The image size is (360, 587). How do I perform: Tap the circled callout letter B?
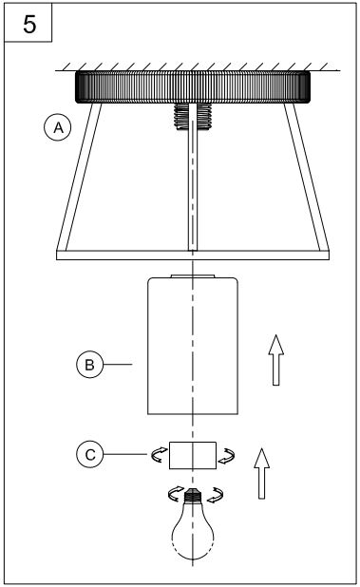click(x=87, y=363)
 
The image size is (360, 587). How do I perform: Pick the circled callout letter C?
click(x=87, y=455)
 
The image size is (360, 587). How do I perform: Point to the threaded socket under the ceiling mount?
click(x=193, y=117)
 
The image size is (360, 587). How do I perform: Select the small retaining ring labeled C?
click(x=193, y=456)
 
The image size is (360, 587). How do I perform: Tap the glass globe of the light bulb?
click(x=193, y=537)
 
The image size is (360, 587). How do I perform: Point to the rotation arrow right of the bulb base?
click(x=218, y=493)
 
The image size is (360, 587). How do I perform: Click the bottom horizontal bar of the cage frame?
click(x=193, y=254)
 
